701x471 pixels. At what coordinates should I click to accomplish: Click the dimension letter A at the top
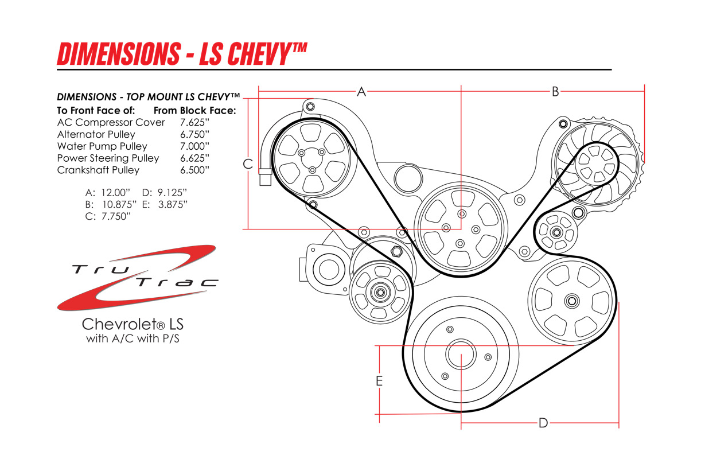coord(361,91)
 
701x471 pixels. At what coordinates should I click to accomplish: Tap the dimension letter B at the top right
coord(555,91)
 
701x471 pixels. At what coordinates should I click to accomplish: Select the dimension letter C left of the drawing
coord(248,164)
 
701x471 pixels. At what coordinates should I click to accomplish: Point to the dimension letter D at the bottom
coord(543,423)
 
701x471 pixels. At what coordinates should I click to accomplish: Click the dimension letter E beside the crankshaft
coord(379,381)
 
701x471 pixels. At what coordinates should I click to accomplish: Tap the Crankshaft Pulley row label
coord(98,170)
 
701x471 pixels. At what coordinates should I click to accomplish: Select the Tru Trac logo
coord(138,278)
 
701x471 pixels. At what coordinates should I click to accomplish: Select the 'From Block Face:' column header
coord(195,111)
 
